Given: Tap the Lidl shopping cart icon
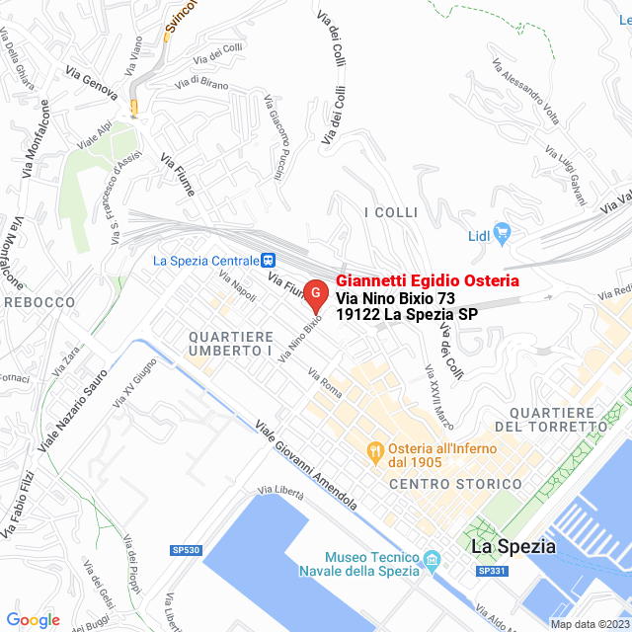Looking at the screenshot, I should (503, 234).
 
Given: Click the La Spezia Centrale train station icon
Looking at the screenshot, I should (268, 261).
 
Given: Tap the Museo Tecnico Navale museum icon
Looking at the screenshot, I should (432, 564).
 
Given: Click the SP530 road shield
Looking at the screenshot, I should (185, 550).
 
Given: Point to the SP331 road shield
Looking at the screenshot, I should (491, 572).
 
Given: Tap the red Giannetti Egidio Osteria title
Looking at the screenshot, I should (428, 281).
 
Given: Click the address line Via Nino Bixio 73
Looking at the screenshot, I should (395, 298).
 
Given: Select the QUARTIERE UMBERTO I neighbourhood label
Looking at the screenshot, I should (230, 344).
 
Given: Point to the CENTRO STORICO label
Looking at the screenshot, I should (455, 484).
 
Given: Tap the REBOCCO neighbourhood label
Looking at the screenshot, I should (39, 302).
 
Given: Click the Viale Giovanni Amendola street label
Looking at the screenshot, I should (306, 465).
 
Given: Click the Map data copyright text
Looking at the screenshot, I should (590, 624).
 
